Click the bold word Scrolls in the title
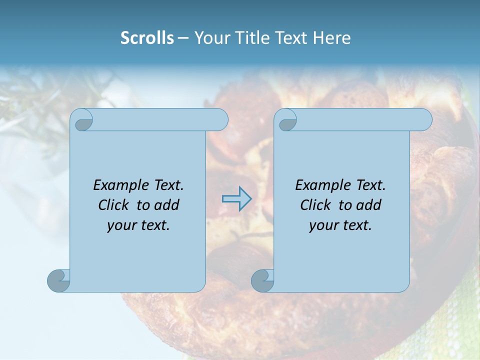coord(147,38)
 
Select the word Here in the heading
coord(331,38)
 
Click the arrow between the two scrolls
coord(236,199)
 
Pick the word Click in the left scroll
coord(109,205)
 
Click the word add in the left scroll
coord(167,205)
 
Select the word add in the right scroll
coord(369,205)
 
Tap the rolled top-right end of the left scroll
coord(219,120)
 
